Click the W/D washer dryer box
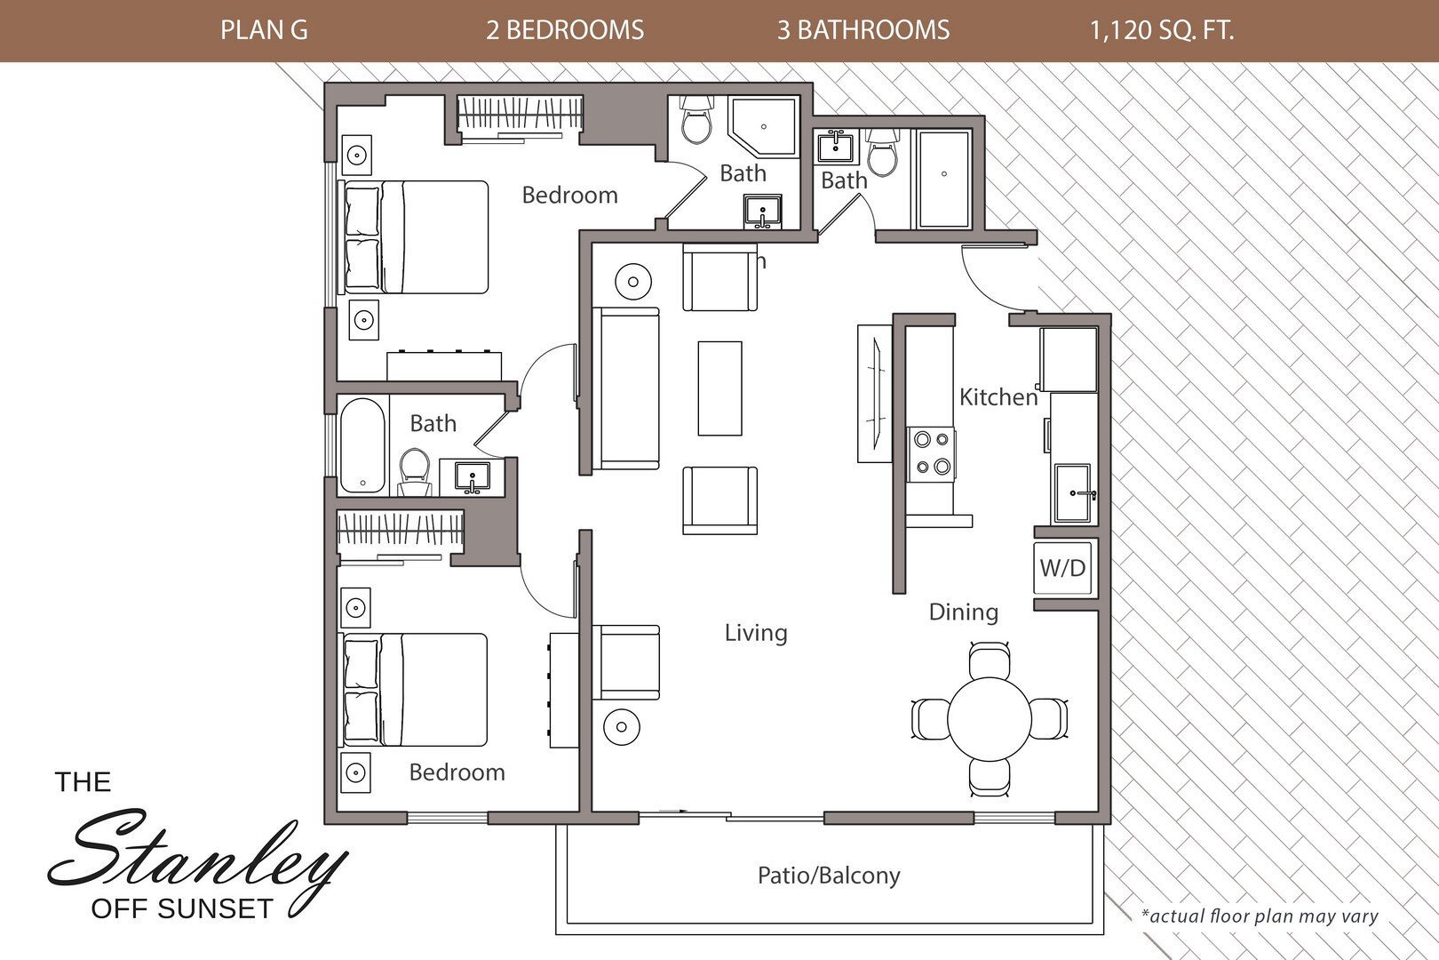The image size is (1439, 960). point(1063,567)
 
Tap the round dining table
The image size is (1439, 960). point(988,718)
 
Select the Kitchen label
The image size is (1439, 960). point(998,396)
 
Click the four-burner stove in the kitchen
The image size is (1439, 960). point(931,453)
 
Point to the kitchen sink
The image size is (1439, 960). point(1075,493)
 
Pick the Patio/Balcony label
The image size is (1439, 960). point(828,876)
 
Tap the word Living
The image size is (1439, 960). point(755,633)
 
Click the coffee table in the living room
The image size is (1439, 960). point(719,388)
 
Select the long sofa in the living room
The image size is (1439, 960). point(627,388)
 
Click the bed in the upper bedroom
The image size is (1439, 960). point(416,237)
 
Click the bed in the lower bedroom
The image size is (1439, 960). point(416,690)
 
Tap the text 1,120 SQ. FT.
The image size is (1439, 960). point(1161,30)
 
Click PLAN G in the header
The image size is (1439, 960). point(264,30)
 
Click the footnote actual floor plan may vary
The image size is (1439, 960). point(1259,916)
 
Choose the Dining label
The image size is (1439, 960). point(963,612)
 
